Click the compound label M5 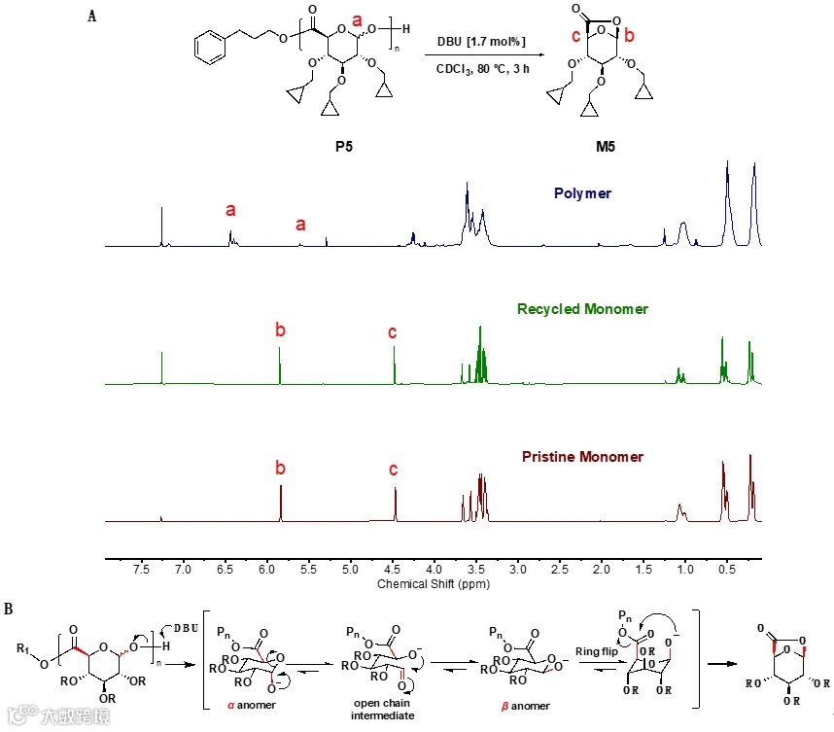(606, 147)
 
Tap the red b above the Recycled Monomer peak (280, 331)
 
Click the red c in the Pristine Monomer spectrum (393, 470)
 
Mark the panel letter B (9, 610)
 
